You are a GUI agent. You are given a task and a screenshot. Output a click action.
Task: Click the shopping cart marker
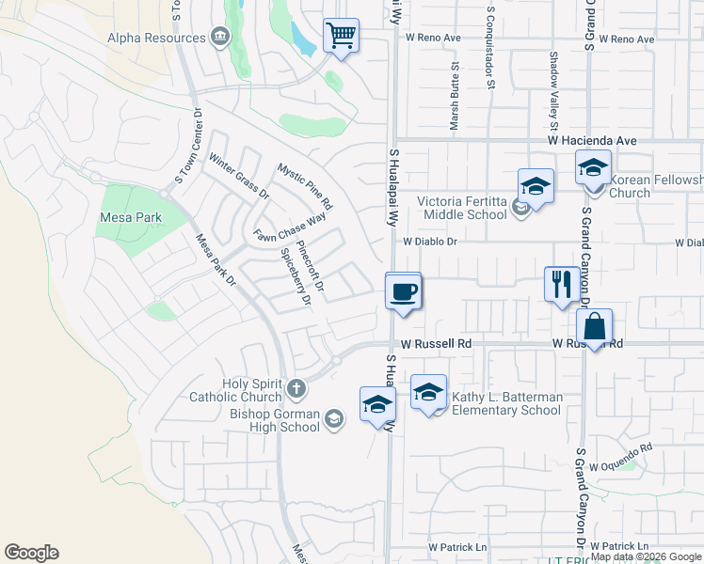coord(341,37)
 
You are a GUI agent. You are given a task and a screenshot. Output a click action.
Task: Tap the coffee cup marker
coord(403,292)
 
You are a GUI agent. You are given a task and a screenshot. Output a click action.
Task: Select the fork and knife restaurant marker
coord(562,284)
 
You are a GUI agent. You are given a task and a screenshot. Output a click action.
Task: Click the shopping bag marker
coord(594,328)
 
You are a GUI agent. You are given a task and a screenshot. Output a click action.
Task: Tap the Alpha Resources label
coord(156,38)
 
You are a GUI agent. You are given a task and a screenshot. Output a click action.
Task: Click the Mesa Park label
coord(130,217)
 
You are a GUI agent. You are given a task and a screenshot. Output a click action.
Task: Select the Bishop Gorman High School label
coord(275,420)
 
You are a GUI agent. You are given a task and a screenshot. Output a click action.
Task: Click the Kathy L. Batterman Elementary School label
coord(506,403)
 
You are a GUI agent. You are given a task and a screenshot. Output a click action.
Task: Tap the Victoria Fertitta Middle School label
coord(462,208)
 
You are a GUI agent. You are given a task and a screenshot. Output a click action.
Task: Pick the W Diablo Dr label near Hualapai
coord(429,242)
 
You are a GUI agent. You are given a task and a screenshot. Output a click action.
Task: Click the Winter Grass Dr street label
coord(239,177)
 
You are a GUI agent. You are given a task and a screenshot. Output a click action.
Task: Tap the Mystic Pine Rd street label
coord(305,185)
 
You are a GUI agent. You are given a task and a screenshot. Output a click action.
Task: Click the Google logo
coord(31,553)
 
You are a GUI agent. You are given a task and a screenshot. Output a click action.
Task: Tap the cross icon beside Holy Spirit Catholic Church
coord(296,387)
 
